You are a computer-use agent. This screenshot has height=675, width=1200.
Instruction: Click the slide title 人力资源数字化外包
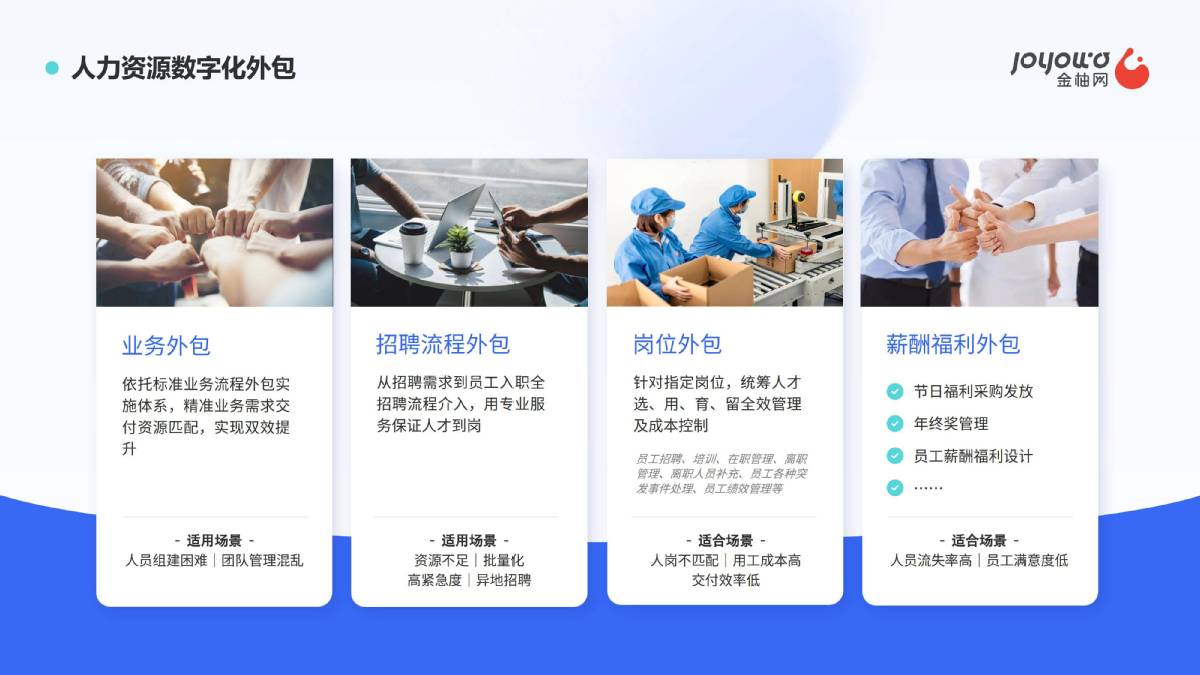click(183, 68)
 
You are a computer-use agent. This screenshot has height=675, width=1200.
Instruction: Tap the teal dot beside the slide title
click(52, 68)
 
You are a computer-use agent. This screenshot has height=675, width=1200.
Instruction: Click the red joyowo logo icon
click(1131, 69)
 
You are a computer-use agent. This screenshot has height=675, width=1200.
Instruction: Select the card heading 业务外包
click(166, 346)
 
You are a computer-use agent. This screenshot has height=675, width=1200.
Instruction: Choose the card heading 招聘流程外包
click(442, 344)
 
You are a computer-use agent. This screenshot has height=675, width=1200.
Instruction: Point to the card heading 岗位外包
click(677, 344)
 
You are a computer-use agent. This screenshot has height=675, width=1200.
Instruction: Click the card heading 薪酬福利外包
click(952, 344)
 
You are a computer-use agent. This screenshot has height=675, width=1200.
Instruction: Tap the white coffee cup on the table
click(413, 242)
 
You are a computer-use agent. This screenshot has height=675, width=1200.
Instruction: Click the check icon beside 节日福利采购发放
click(895, 392)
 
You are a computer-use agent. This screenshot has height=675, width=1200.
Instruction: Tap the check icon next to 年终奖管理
click(895, 424)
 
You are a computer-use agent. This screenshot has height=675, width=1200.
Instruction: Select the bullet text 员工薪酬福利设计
click(973, 456)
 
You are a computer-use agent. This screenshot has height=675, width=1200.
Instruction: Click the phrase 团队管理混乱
click(262, 560)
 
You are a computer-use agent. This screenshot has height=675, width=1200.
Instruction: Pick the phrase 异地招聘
click(503, 580)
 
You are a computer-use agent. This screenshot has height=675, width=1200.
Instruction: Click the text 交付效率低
click(725, 580)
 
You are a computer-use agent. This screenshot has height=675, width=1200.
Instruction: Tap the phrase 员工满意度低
click(1027, 560)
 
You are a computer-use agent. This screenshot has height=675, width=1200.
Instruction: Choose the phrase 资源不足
click(441, 560)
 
